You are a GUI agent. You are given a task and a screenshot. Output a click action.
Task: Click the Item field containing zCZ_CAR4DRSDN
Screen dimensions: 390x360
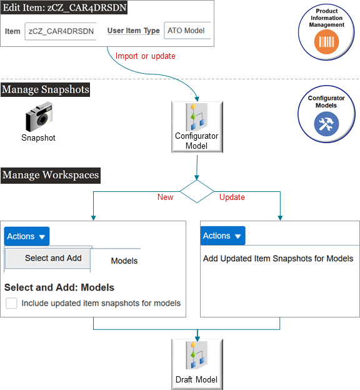(61, 31)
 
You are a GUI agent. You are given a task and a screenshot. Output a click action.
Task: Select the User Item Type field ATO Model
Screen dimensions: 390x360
(187, 31)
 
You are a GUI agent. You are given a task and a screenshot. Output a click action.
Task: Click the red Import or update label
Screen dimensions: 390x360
(146, 56)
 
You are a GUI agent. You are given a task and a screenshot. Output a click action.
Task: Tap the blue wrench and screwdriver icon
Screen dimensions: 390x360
(326, 123)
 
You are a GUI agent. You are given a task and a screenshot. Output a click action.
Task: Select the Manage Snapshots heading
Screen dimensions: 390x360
(45, 90)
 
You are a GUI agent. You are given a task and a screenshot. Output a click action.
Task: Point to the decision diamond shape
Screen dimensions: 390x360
(197, 191)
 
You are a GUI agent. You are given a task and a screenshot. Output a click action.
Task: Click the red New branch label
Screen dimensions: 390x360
(165, 197)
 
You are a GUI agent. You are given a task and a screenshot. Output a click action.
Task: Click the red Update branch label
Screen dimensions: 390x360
(232, 197)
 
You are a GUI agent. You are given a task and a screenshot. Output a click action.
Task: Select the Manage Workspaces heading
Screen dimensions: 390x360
(50, 176)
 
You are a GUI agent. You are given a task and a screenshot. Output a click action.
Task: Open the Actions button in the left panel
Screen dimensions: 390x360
(27, 236)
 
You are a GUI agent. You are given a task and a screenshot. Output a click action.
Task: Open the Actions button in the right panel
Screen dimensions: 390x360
(222, 236)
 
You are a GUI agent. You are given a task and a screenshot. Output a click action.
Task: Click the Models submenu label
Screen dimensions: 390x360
(124, 261)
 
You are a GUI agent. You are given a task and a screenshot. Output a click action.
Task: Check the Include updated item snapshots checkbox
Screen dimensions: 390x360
(11, 303)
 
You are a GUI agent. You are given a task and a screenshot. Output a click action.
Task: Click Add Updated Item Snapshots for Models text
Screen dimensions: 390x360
(278, 258)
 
